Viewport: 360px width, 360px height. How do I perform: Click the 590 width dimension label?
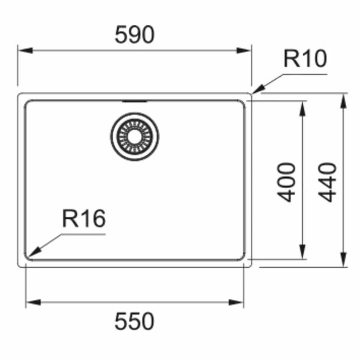[x=134, y=35]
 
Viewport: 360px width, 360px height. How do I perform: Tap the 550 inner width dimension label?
[x=134, y=321]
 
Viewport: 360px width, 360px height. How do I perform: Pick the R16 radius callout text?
[x=84, y=219]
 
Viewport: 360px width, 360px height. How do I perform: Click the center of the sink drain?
[x=135, y=136]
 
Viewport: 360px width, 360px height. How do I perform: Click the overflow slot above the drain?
[x=135, y=101]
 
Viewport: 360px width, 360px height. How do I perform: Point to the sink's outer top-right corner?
[x=250, y=94]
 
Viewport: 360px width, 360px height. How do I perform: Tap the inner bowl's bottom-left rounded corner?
[x=27, y=257]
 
